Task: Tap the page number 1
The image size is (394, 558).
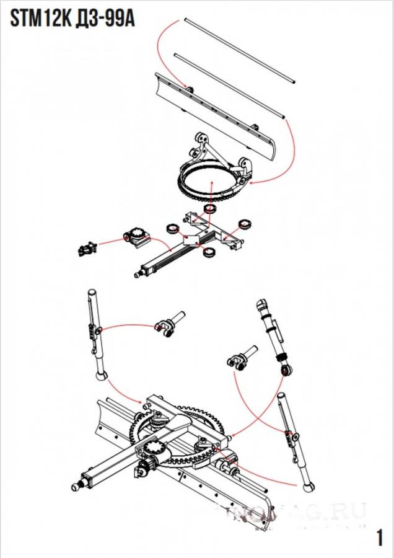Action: (380, 537)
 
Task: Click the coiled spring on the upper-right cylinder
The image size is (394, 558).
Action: (281, 360)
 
